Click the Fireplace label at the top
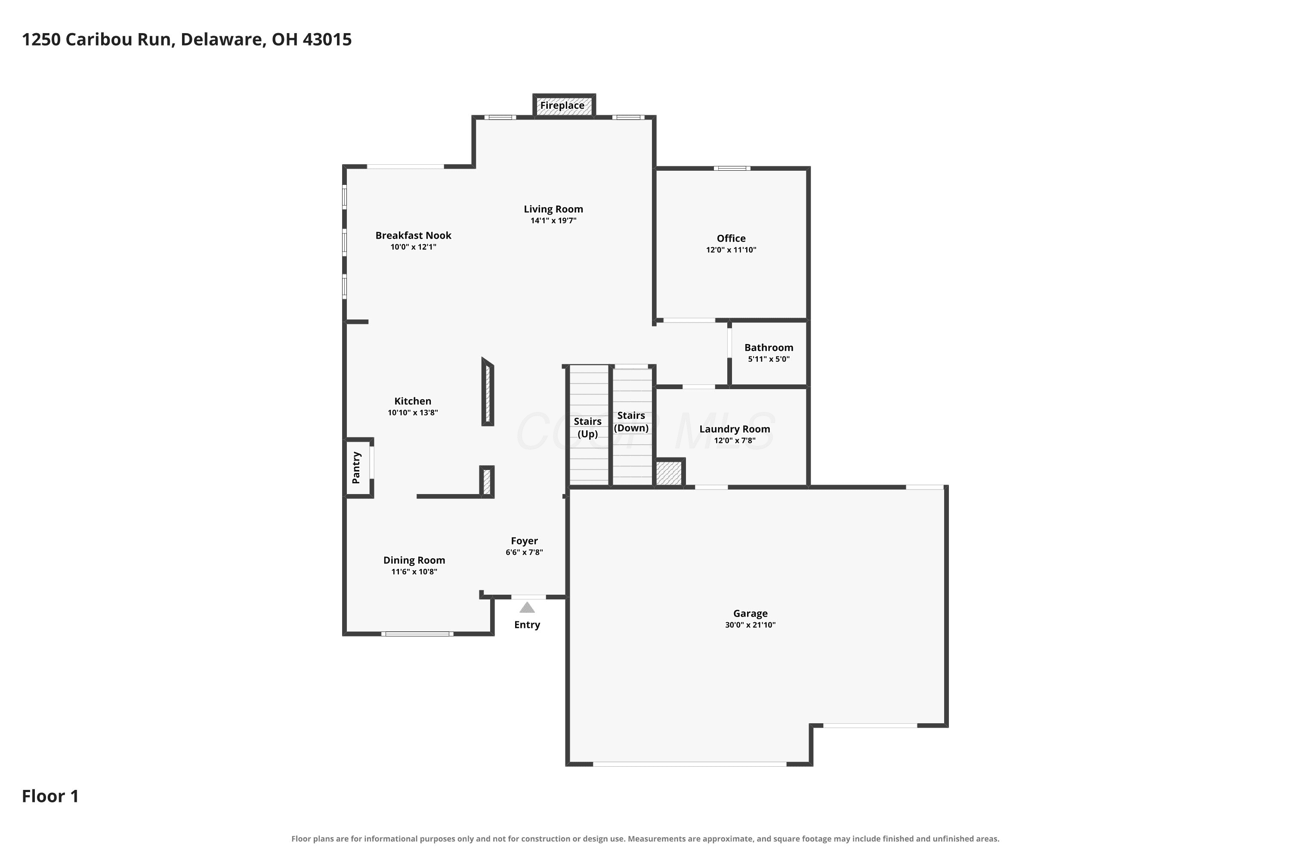(x=562, y=105)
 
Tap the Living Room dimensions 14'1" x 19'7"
(x=553, y=221)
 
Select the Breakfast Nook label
(x=413, y=235)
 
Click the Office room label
(x=731, y=238)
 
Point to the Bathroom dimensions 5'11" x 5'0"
(x=769, y=359)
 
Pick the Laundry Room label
(x=735, y=429)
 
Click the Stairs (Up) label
(x=587, y=428)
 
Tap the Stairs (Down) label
(x=631, y=422)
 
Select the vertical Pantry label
(x=356, y=468)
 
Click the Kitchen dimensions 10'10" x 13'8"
(x=413, y=412)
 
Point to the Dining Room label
(x=414, y=560)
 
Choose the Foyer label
(x=524, y=541)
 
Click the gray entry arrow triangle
(x=527, y=608)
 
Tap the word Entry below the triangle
(x=527, y=625)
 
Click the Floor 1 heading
(x=50, y=796)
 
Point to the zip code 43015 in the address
(x=327, y=40)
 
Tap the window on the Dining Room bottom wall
(x=417, y=634)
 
